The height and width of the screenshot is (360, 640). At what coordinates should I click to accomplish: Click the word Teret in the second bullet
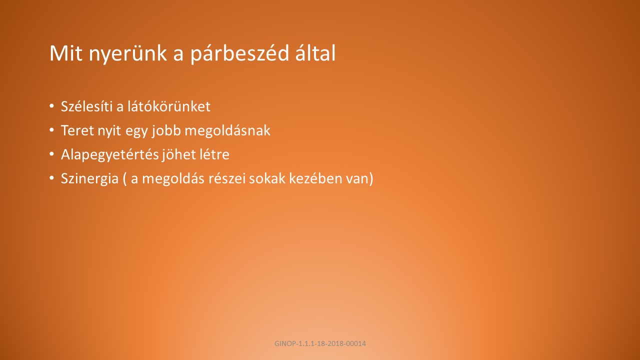(x=77, y=130)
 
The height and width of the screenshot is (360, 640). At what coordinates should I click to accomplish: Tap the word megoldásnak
(x=227, y=131)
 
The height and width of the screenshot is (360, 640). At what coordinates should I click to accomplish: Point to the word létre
(x=211, y=154)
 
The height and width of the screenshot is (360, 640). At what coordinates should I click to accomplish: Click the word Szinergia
(x=89, y=179)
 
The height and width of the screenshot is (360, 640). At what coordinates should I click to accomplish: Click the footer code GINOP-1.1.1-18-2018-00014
(x=320, y=343)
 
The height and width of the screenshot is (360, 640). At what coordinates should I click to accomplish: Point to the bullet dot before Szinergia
(x=51, y=178)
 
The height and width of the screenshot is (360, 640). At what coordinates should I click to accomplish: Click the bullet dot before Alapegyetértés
(x=51, y=154)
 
